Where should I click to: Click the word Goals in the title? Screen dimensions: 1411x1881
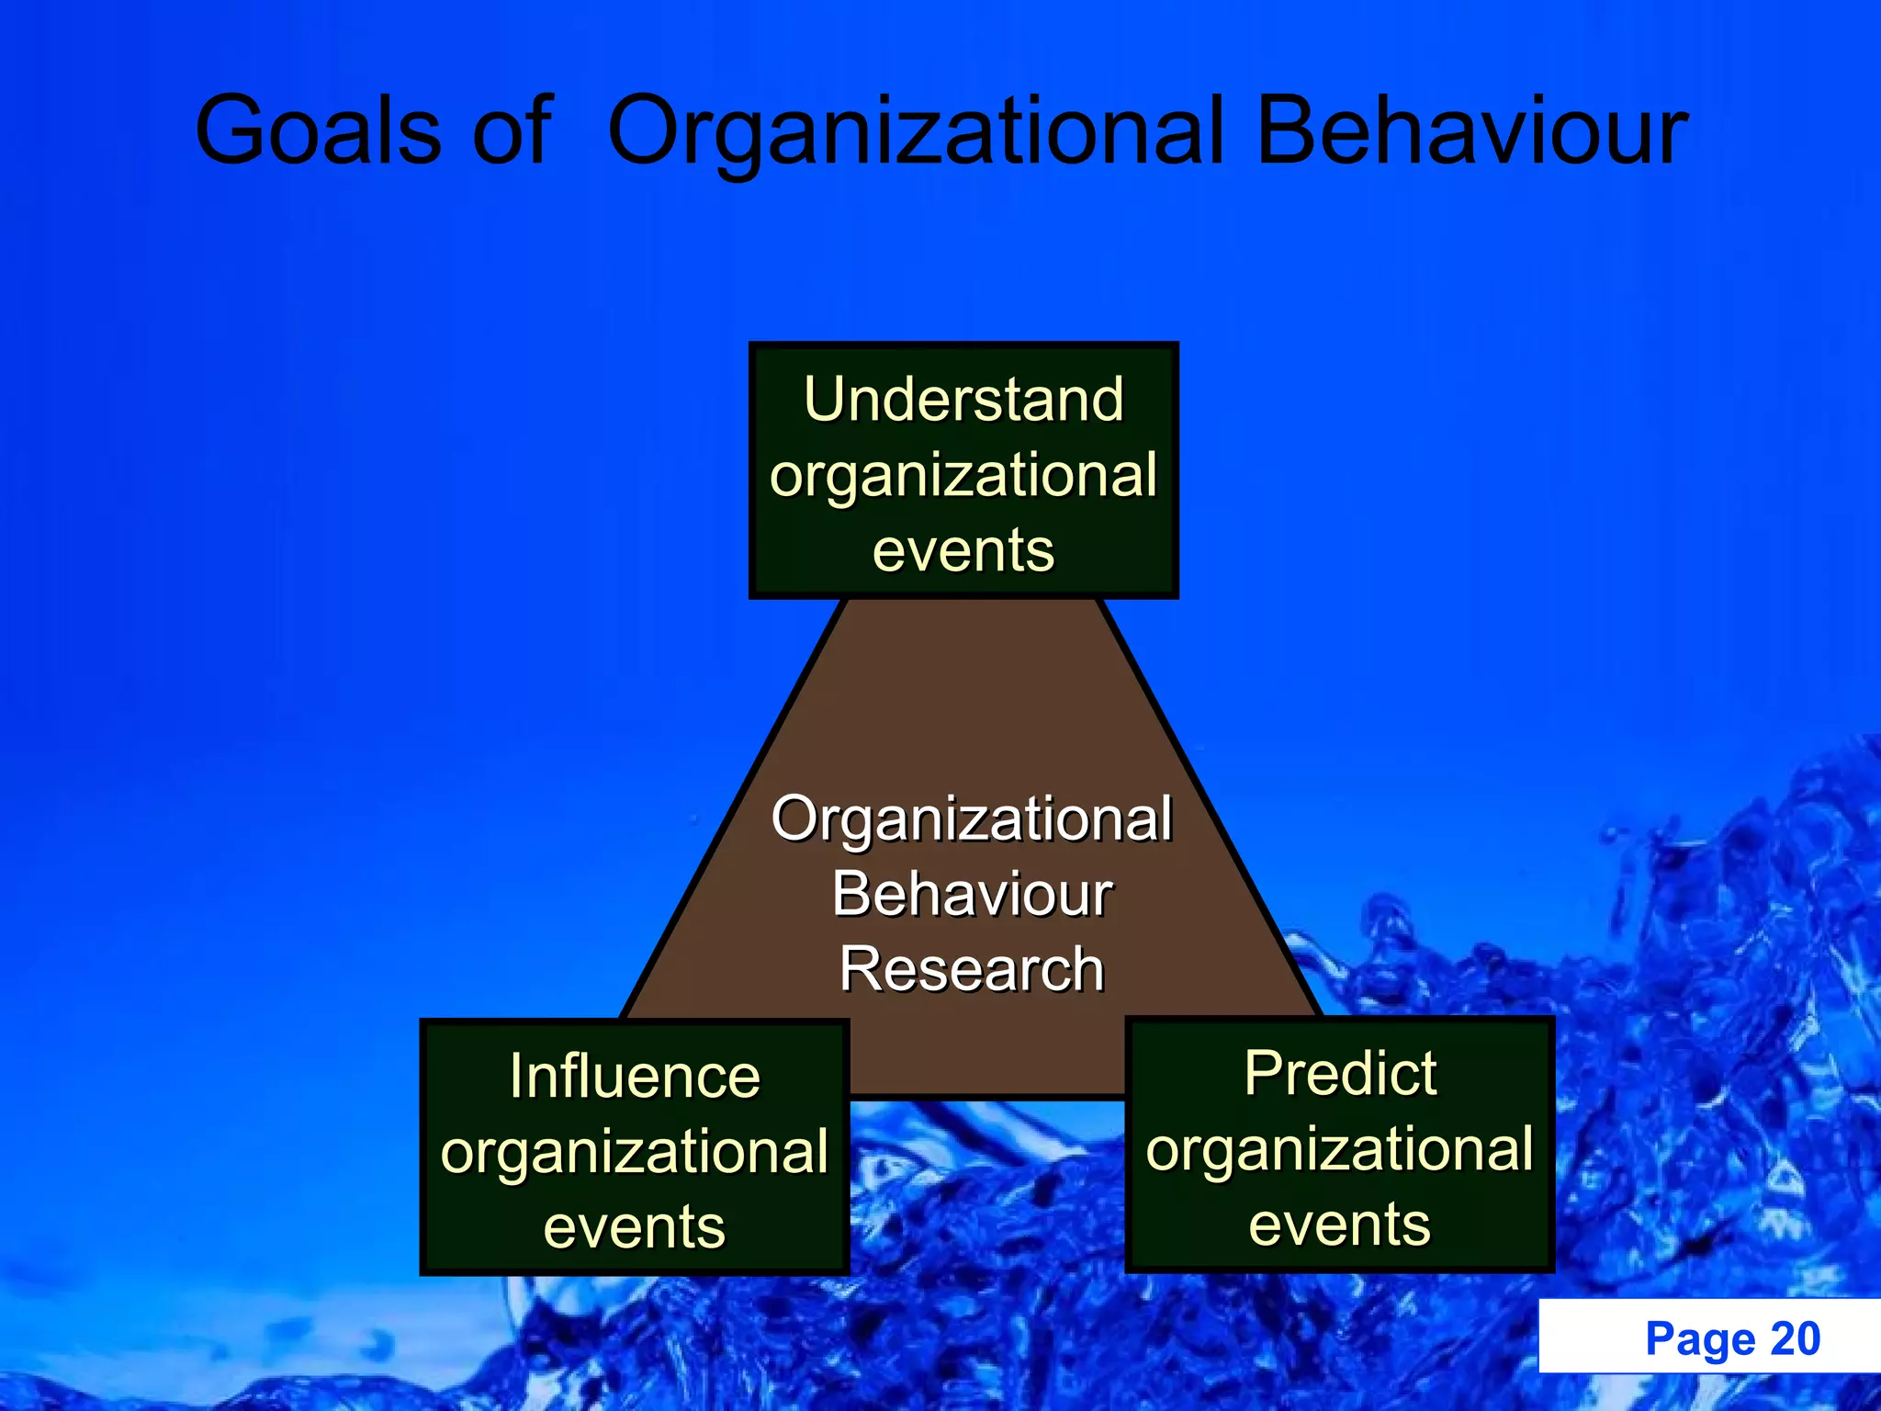tap(317, 130)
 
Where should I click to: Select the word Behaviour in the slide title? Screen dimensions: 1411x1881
tap(1471, 130)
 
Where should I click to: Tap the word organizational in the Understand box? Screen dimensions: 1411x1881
tap(963, 475)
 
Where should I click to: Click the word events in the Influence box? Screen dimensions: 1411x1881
tap(635, 1226)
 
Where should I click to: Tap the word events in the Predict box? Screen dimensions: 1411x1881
tap(1340, 1224)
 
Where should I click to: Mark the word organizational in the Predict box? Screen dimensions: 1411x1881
tap(1340, 1148)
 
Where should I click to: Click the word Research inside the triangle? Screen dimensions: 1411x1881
tap(972, 969)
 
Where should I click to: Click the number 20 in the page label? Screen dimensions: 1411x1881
tap(1795, 1338)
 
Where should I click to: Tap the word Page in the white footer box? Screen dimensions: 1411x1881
tap(1700, 1338)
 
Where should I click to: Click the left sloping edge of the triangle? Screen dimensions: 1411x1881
tap(732, 808)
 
